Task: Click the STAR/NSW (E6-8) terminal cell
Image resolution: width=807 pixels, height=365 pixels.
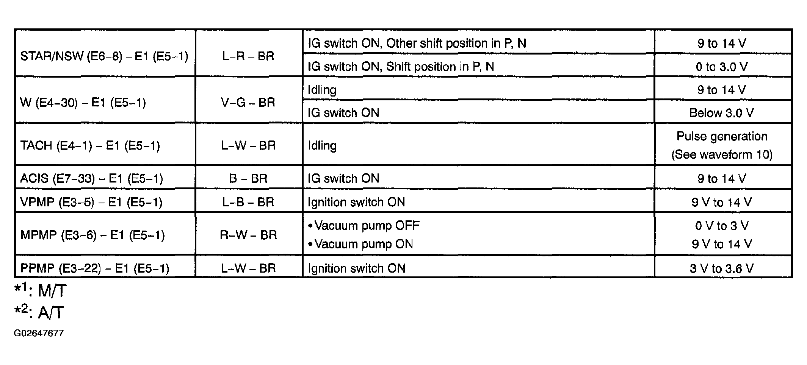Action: (x=104, y=56)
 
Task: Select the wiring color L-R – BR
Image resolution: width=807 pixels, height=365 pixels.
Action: (x=248, y=56)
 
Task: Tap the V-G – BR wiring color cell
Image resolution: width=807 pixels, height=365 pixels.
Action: (x=248, y=103)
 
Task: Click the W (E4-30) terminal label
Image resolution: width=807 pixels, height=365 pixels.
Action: (x=83, y=103)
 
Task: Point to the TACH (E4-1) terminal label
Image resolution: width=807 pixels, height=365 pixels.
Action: (x=90, y=146)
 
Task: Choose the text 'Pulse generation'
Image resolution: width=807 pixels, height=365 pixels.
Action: (x=722, y=136)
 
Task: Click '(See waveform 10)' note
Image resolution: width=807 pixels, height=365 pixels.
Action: (x=722, y=154)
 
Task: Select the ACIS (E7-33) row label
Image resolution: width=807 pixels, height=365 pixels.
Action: (x=92, y=178)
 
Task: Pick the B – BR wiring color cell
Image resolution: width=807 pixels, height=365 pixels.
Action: (x=248, y=178)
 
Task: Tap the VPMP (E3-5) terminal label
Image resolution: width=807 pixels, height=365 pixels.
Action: (x=91, y=202)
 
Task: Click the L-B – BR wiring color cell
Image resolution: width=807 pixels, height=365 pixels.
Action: (x=248, y=202)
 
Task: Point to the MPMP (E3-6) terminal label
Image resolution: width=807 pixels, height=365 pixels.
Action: (x=92, y=235)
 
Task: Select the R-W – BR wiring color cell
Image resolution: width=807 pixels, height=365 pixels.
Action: (x=248, y=235)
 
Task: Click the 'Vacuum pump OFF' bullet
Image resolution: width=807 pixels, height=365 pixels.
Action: (x=364, y=226)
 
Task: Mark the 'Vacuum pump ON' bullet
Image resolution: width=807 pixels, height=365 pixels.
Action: (x=360, y=244)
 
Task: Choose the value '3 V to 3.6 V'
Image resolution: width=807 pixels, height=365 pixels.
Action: (x=722, y=268)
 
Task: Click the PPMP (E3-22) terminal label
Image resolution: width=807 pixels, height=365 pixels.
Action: (x=95, y=268)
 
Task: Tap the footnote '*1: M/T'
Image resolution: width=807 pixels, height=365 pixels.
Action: (x=41, y=290)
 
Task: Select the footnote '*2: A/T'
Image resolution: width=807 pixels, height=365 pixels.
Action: (x=39, y=312)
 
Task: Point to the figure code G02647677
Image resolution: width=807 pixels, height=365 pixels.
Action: (x=39, y=333)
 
